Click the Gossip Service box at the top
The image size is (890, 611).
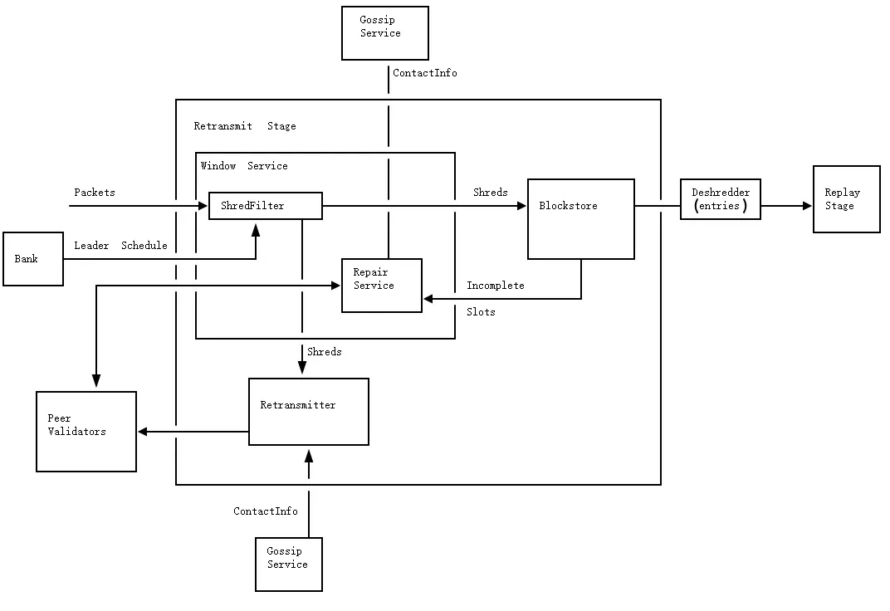point(385,33)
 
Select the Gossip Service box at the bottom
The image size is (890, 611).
point(289,565)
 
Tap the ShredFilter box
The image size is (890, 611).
point(265,206)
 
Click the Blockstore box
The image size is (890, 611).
point(581,219)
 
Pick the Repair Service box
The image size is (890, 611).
point(382,285)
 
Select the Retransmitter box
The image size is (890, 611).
point(309,412)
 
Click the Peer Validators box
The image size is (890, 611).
point(86,432)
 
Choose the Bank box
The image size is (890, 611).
point(33,259)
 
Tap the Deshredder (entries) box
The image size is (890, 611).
point(721,199)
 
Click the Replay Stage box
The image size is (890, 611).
point(847,199)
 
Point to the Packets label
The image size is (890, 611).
point(95,193)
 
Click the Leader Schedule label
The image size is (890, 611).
point(120,246)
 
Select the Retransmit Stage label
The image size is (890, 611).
point(245,126)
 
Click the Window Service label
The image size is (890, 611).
point(244,166)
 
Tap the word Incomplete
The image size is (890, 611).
point(496,286)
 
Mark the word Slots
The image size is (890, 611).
point(481,312)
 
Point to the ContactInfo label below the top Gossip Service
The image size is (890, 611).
point(425,73)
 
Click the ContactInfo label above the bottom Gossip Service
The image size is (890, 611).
point(266,511)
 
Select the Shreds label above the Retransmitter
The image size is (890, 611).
point(325,352)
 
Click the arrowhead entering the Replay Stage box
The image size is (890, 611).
point(807,206)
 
